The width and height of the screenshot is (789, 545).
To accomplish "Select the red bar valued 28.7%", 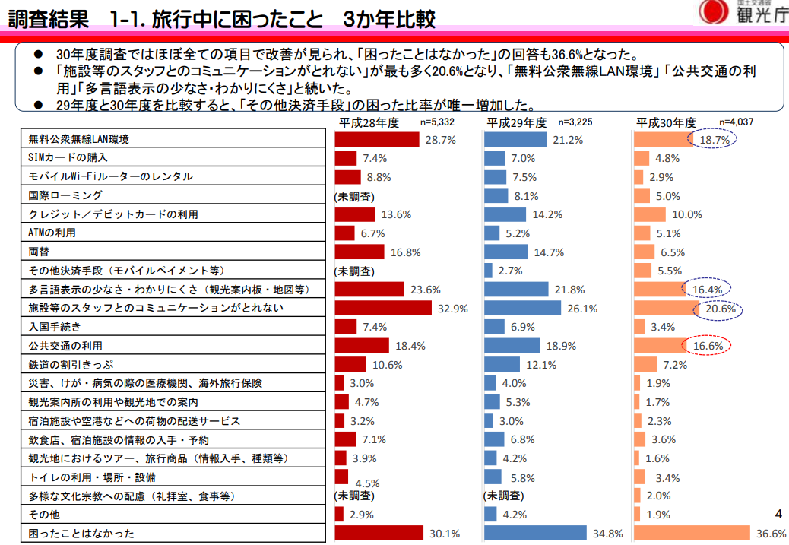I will (x=377, y=140).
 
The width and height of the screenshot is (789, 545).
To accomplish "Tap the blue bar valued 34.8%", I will (x=535, y=533).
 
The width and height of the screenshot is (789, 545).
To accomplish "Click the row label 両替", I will (x=39, y=252).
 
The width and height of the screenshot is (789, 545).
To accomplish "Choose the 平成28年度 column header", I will (x=369, y=123).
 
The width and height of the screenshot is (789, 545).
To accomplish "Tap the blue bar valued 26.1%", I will (x=522, y=308).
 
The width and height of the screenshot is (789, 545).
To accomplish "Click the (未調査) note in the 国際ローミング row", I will (x=353, y=195).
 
